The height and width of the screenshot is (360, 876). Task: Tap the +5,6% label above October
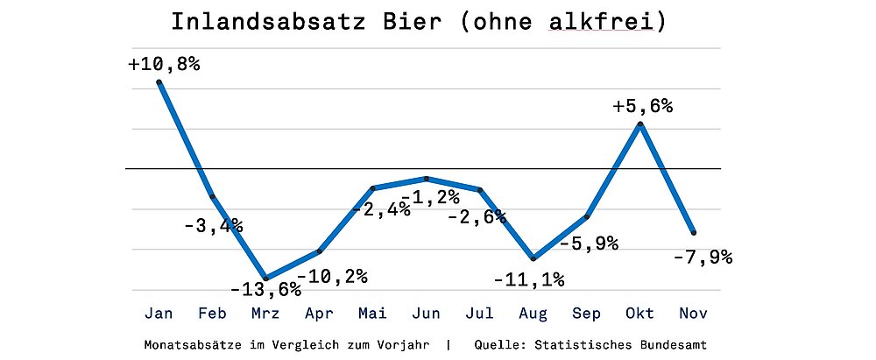click(642, 106)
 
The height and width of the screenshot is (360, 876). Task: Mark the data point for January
click(159, 82)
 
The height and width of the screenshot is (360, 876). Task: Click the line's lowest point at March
click(266, 278)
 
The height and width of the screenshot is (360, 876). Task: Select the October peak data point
click(640, 124)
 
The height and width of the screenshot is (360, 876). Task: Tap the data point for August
click(533, 258)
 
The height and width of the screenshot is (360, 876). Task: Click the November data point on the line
click(694, 232)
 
